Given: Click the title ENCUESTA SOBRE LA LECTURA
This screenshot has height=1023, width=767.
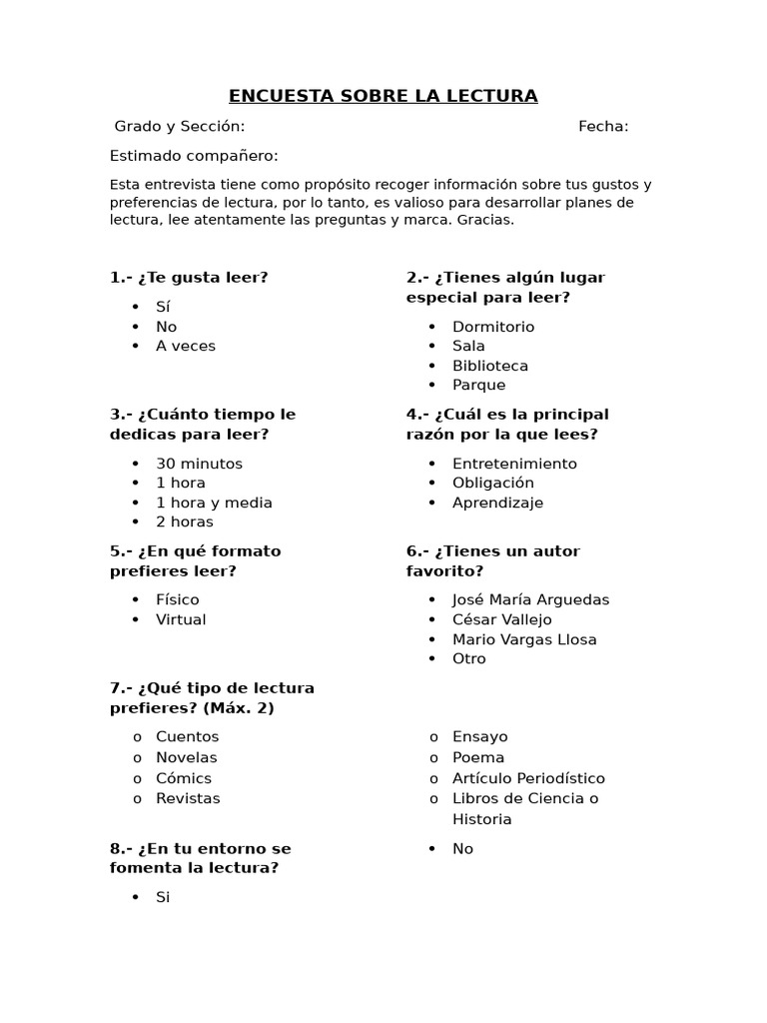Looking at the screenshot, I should click(x=383, y=96).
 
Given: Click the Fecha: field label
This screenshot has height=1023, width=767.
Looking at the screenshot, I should click(x=603, y=126).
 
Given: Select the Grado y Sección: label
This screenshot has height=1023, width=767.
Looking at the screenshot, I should click(x=179, y=126).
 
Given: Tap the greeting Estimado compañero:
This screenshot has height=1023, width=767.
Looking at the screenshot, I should click(x=194, y=156).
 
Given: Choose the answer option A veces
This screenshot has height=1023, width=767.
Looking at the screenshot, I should click(x=185, y=346).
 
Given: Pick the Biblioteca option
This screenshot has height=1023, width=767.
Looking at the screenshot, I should click(x=489, y=366).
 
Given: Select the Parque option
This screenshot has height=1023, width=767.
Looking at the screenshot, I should click(x=478, y=385).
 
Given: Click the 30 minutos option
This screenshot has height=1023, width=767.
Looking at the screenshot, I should click(x=199, y=464).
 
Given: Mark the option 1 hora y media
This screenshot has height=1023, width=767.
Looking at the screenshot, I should click(x=214, y=503).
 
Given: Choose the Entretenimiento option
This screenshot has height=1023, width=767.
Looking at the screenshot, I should click(x=514, y=464).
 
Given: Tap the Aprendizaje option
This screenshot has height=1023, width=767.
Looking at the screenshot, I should click(x=497, y=503).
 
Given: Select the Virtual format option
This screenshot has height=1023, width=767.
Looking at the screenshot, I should click(x=181, y=619).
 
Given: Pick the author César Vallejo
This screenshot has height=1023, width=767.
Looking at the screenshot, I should click(x=501, y=619).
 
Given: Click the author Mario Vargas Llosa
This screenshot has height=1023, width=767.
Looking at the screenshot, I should click(x=524, y=639).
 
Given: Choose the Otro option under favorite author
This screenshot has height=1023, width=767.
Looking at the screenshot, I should click(x=468, y=658).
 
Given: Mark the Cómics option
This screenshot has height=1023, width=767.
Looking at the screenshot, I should click(x=183, y=778).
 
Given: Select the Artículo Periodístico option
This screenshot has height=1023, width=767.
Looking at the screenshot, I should click(x=528, y=778).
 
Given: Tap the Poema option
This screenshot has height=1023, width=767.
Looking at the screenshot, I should click(x=478, y=757).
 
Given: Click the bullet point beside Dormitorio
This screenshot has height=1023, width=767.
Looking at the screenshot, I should click(x=432, y=327).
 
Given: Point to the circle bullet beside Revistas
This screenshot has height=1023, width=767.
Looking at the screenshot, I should click(x=136, y=799).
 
